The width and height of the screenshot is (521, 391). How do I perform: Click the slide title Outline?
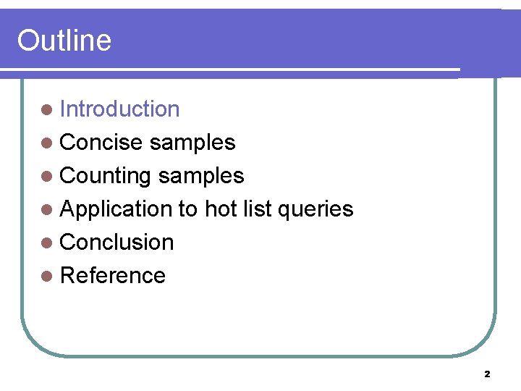click(64, 41)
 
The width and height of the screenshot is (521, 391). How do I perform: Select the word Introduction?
click(119, 109)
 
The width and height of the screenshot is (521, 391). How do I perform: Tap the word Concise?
click(101, 143)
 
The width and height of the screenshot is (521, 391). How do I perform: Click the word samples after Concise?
click(192, 143)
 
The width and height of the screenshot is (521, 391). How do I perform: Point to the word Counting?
click(106, 176)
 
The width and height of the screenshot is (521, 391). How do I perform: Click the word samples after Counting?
click(200, 176)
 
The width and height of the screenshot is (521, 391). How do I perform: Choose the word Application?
click(115, 209)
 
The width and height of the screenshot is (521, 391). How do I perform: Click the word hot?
click(216, 209)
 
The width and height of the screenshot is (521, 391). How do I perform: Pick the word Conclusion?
click(117, 243)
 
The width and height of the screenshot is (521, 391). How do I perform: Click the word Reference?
click(112, 276)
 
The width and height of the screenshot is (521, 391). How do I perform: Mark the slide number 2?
click(486, 374)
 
